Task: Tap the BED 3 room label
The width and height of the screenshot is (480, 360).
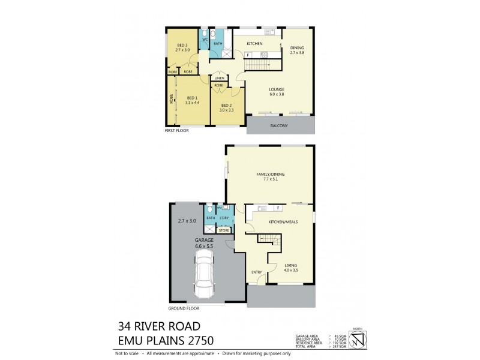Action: [x=182, y=44]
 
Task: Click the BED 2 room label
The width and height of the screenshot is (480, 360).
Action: [x=226, y=105]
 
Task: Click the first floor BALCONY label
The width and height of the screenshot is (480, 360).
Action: [x=279, y=125]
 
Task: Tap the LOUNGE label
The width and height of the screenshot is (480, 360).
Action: [x=277, y=89]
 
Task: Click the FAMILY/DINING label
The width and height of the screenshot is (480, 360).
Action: [x=270, y=174]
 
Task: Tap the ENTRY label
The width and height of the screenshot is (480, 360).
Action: [x=257, y=272]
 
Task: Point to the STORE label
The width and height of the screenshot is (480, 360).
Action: [x=223, y=230]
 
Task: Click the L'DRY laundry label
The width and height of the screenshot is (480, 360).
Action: [x=224, y=217]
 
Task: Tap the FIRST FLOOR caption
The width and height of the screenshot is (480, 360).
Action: [x=176, y=130]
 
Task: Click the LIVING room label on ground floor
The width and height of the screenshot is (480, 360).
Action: [x=290, y=265]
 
